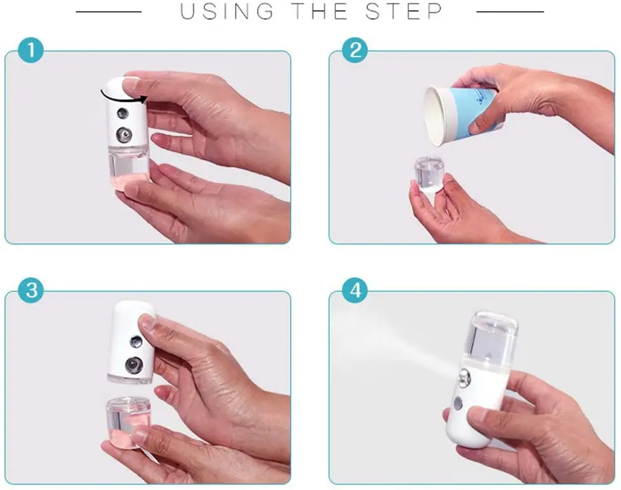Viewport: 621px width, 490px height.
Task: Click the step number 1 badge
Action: tap(31, 50)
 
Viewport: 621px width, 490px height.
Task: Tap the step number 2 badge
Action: tap(355, 50)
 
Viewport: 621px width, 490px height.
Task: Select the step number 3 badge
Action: tap(31, 290)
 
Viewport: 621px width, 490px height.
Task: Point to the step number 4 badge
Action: tap(355, 290)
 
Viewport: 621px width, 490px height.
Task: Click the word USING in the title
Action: tap(227, 11)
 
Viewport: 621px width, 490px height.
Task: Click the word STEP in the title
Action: tap(404, 11)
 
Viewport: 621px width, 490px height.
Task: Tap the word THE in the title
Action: tap(320, 11)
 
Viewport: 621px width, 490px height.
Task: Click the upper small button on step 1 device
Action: tap(123, 114)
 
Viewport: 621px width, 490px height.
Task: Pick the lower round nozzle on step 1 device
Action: tap(124, 135)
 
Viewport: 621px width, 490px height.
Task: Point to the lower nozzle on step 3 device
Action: tap(133, 365)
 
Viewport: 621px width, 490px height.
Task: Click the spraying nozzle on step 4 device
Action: tap(463, 377)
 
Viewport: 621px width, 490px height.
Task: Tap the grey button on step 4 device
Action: tap(458, 403)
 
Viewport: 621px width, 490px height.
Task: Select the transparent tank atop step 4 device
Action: tap(490, 339)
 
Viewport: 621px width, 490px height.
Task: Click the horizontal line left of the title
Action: tap(109, 12)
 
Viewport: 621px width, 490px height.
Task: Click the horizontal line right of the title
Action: tap(510, 12)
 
